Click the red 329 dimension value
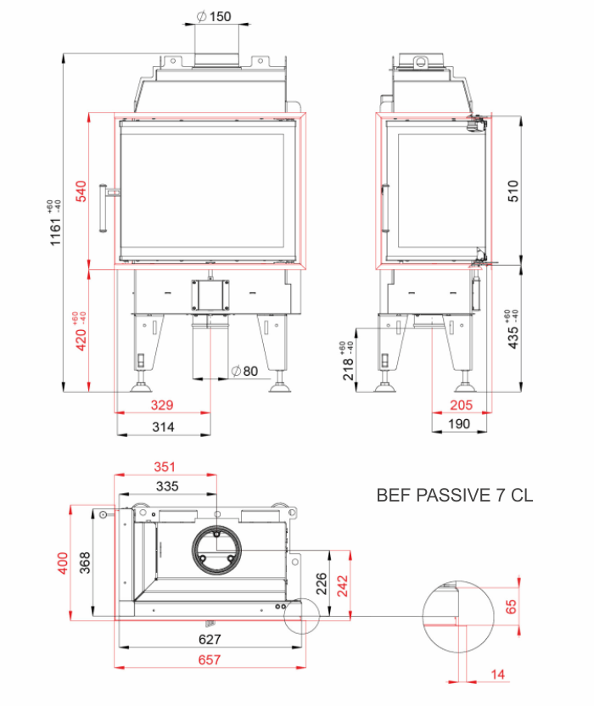[x=162, y=405]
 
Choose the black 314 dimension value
[x=162, y=427]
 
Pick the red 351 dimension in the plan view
[x=167, y=465]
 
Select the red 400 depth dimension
[x=62, y=563]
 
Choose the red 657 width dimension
[x=210, y=659]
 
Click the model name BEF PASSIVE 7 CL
[x=455, y=496]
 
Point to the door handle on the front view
[x=104, y=208]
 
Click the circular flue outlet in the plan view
[x=217, y=552]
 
